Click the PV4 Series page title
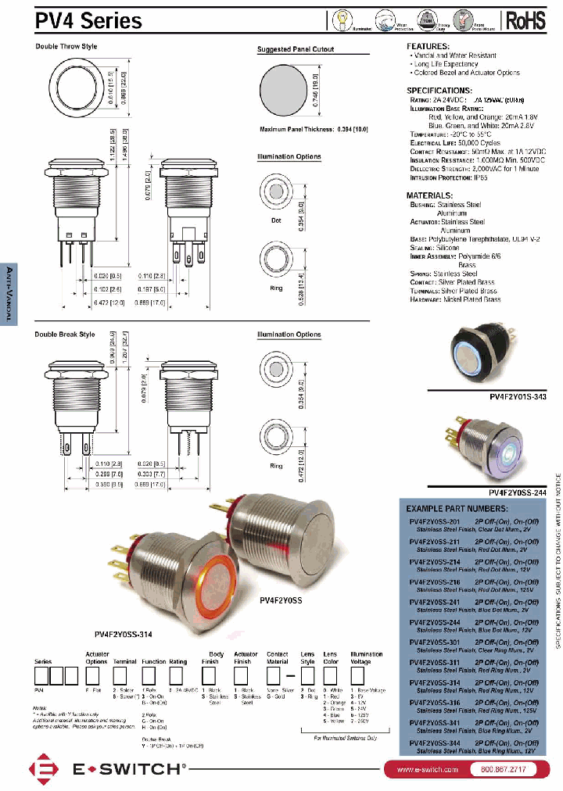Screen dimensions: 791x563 point(88,20)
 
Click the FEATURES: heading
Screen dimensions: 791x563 point(429,47)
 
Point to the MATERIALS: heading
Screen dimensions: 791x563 point(431,195)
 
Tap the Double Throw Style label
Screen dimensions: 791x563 point(66,47)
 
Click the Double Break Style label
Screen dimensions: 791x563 point(65,335)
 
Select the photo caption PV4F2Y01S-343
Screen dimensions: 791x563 point(518,397)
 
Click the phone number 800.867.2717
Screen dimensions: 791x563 point(498,770)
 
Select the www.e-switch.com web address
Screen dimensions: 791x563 point(427,770)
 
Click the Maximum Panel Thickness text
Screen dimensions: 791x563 point(313,128)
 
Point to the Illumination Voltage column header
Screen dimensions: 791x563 point(366,658)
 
